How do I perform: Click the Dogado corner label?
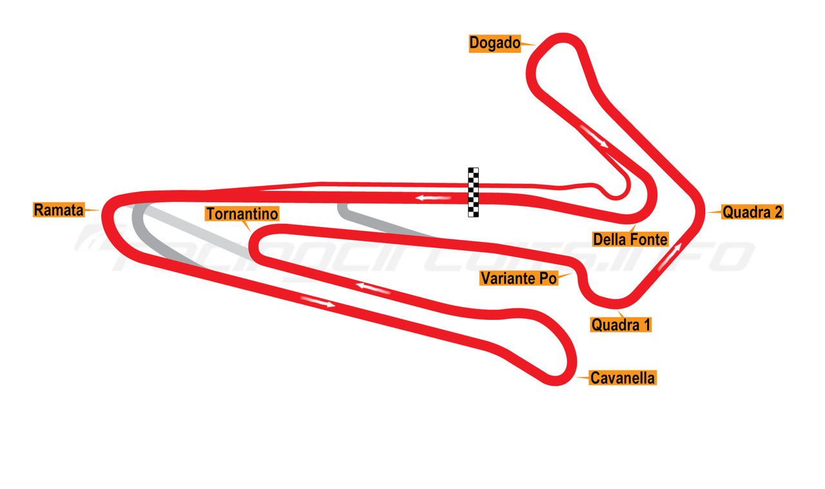pos(494,43)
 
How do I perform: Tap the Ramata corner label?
pos(59,210)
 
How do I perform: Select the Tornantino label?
pos(242,214)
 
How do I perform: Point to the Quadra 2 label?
pos(752,212)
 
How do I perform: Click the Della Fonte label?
pos(630,239)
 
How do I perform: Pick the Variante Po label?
pos(518,278)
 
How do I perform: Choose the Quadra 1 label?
pos(621,325)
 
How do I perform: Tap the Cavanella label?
pos(623,378)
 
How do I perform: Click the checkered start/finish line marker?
pos(473,192)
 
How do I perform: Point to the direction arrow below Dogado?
pos(594,136)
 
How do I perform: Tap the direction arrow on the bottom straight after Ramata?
pos(318,301)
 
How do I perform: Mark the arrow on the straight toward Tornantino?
pos(374,287)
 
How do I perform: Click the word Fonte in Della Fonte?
pos(648,239)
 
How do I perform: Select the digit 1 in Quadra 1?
pos(645,325)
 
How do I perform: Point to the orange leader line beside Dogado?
pos(528,45)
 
